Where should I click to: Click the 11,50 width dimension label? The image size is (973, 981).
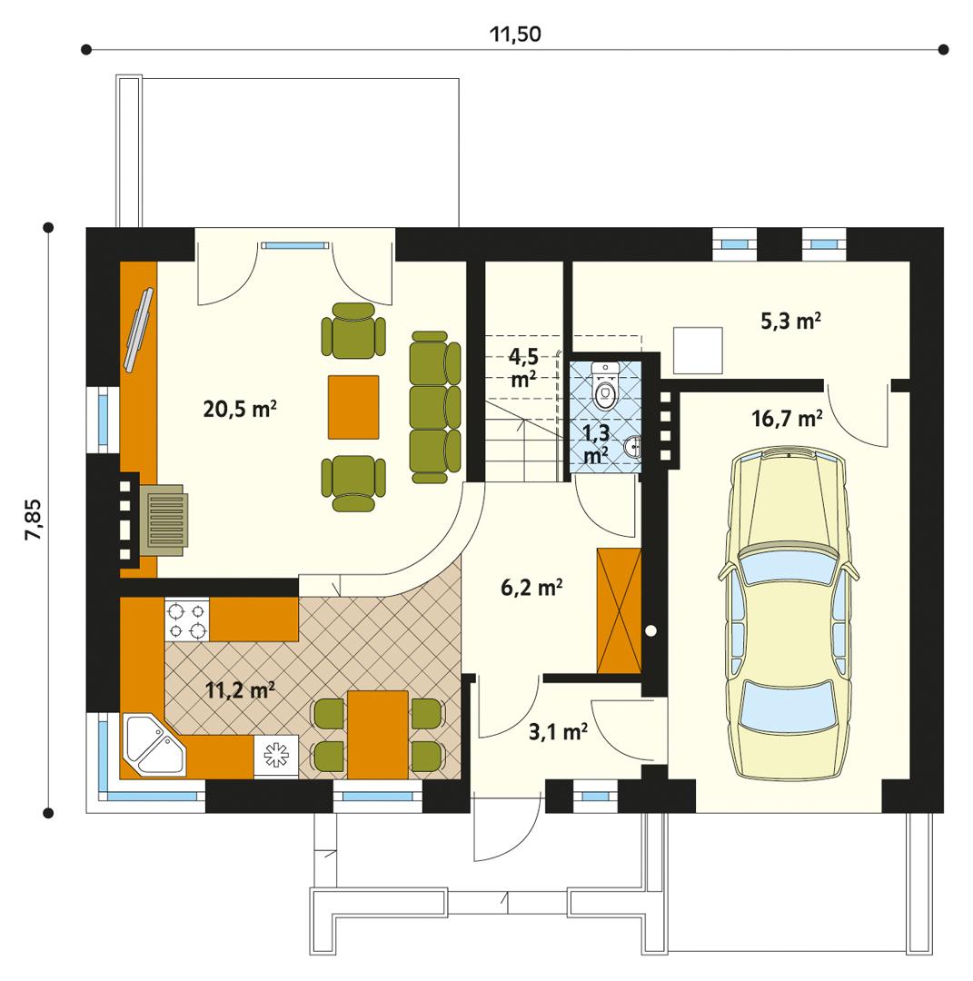(x=515, y=35)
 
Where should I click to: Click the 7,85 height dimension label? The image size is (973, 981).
(x=34, y=520)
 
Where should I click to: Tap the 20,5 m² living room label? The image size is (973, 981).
(x=239, y=410)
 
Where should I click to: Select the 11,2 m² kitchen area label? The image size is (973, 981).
(x=240, y=690)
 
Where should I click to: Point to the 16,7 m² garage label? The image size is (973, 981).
(x=787, y=419)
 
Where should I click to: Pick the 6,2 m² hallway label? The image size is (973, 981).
(x=531, y=589)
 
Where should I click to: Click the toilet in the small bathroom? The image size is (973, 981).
(x=604, y=386)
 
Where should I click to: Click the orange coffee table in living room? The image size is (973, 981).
(x=353, y=406)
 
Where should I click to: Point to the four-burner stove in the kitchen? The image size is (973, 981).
(x=186, y=619)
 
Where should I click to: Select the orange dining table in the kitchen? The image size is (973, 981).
(x=377, y=734)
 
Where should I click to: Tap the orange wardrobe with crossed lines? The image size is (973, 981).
(x=618, y=610)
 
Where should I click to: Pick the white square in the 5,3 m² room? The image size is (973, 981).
(x=698, y=351)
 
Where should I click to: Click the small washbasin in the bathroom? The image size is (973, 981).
(x=634, y=446)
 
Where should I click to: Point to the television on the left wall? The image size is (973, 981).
(x=139, y=329)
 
